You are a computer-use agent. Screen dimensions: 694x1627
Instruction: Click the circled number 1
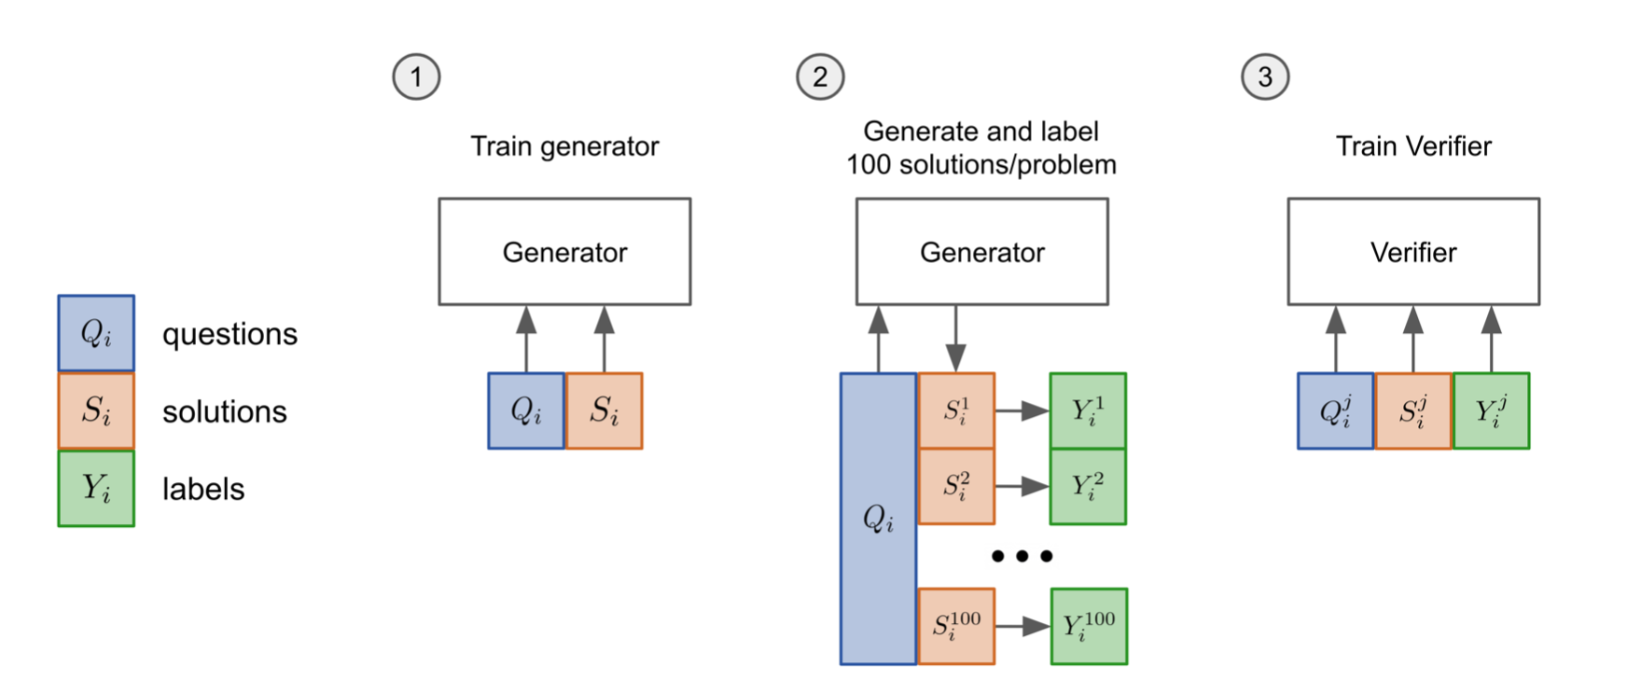click(x=416, y=77)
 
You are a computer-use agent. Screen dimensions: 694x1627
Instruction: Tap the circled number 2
click(x=820, y=77)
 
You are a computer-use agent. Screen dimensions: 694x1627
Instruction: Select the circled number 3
click(x=1265, y=77)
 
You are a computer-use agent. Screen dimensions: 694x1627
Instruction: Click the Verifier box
click(x=1413, y=252)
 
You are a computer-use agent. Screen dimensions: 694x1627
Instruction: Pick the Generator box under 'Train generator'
click(x=564, y=252)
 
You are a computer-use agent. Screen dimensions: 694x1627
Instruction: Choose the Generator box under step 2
click(x=981, y=252)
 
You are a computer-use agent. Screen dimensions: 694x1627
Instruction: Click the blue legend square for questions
click(x=96, y=333)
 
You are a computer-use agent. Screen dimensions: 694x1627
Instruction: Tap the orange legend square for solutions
click(x=96, y=410)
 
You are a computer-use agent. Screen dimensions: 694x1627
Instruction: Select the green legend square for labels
click(x=96, y=488)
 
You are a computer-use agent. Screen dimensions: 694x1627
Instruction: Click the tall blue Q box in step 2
click(x=878, y=519)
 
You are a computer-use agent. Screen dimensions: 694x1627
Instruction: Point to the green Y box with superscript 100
click(x=1089, y=626)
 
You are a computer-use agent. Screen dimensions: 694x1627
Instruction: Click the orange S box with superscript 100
click(x=956, y=626)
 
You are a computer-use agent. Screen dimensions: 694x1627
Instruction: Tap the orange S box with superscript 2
click(x=956, y=486)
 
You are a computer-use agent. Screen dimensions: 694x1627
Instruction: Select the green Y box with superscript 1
click(x=1088, y=410)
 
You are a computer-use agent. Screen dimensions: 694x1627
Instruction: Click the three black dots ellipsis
click(x=1022, y=556)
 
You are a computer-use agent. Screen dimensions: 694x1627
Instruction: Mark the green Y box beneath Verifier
click(x=1491, y=410)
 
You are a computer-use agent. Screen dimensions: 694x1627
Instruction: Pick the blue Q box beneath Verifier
click(x=1335, y=410)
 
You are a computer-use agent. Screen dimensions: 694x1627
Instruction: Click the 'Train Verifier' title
click(x=1413, y=146)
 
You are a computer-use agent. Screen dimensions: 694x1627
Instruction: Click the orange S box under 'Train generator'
click(x=604, y=410)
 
